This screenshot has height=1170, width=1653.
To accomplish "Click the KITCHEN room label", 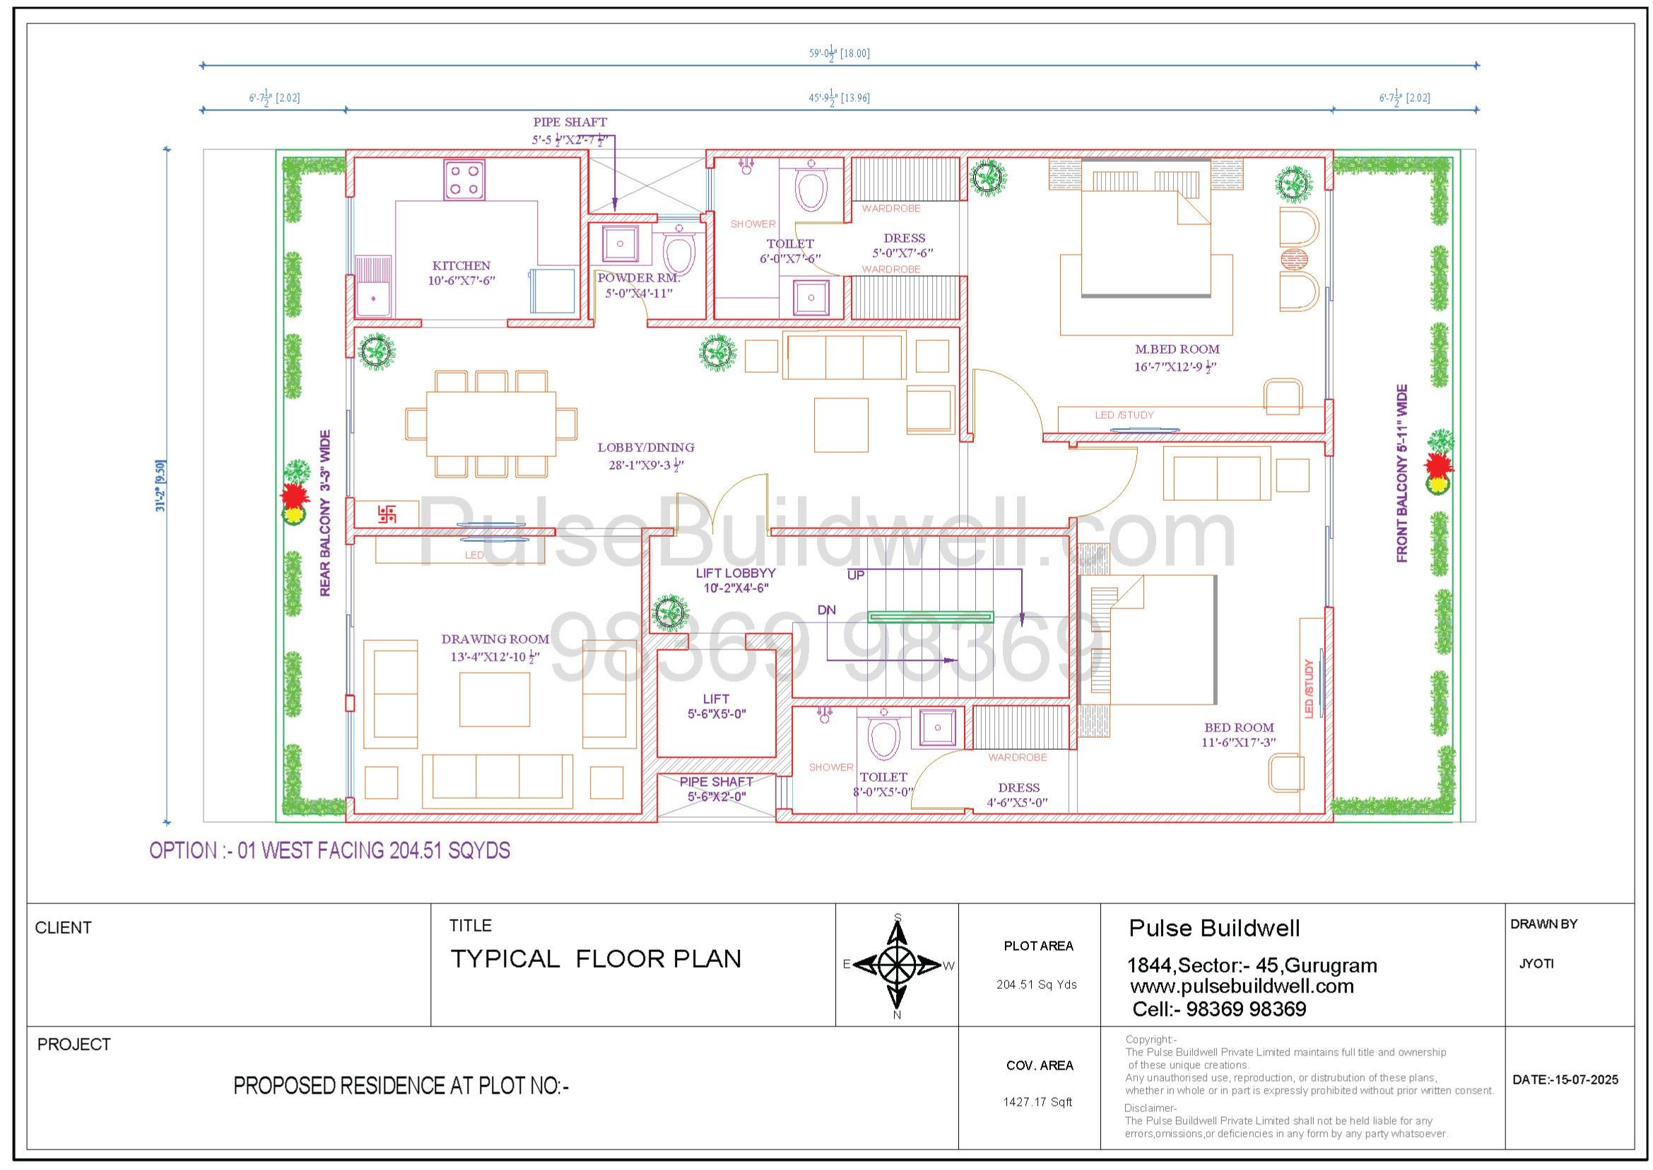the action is click(461, 266).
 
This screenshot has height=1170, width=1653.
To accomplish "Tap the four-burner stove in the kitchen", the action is click(464, 180).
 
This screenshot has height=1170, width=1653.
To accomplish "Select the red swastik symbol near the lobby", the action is click(387, 514).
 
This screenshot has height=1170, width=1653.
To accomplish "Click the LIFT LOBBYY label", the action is click(735, 573).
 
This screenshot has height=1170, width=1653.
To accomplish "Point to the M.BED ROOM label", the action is click(1177, 349).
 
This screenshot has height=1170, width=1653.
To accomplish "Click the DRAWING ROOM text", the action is click(495, 639).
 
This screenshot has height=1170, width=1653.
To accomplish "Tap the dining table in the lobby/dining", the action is click(491, 423).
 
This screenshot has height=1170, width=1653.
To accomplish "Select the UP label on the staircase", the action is click(855, 576).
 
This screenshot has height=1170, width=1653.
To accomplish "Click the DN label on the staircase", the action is click(827, 610).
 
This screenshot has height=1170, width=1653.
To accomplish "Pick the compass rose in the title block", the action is click(897, 965).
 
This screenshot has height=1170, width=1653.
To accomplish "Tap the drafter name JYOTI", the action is click(1536, 963).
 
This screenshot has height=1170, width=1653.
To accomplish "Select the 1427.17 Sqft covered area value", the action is click(1037, 1101).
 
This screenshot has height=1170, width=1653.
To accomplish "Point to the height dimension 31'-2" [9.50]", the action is click(160, 485).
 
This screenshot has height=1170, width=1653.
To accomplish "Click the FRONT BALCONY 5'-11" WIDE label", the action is click(1401, 473).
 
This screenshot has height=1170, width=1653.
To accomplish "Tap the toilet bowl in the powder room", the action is click(678, 251).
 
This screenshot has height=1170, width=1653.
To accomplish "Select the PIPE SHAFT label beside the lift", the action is click(717, 782).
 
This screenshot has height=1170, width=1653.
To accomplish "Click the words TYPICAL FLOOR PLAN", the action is click(595, 959).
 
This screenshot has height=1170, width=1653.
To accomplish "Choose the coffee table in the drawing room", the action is click(495, 700).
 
